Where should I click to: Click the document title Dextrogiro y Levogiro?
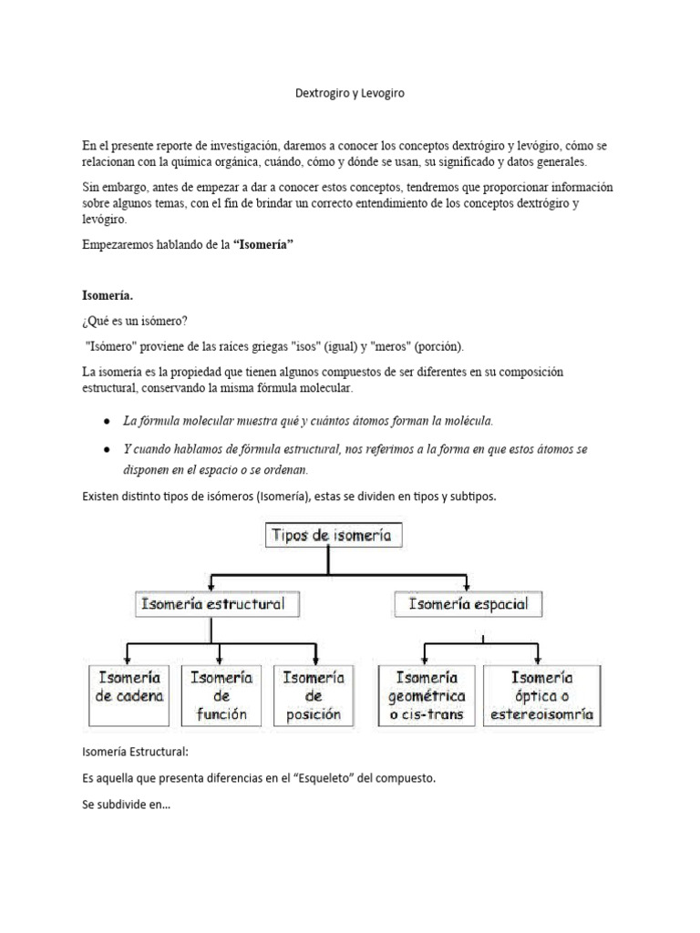(x=349, y=93)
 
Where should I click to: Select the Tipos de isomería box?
(x=332, y=536)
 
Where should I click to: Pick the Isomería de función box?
(x=221, y=695)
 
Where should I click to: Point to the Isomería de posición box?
(x=314, y=695)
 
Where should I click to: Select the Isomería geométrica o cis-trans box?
(x=427, y=695)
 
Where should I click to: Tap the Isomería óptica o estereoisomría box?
(x=541, y=695)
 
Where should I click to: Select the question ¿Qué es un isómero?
(x=137, y=321)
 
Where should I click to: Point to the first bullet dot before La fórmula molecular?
(x=108, y=421)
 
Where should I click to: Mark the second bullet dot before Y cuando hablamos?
(x=108, y=450)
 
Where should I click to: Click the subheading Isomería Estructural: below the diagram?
(x=135, y=753)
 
